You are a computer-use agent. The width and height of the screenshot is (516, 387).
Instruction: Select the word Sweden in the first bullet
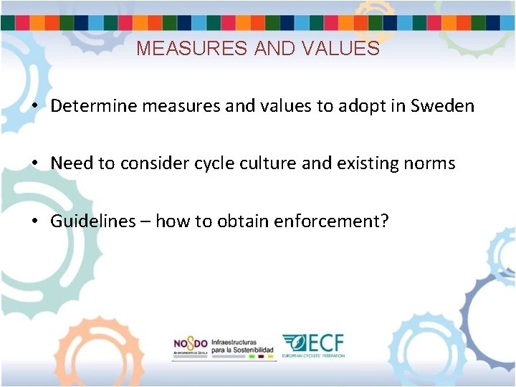click(x=442, y=106)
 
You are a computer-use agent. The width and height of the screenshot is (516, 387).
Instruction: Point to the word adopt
click(x=358, y=106)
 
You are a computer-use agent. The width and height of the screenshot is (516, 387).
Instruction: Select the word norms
click(x=429, y=163)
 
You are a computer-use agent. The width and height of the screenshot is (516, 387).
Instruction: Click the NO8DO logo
click(x=190, y=344)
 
